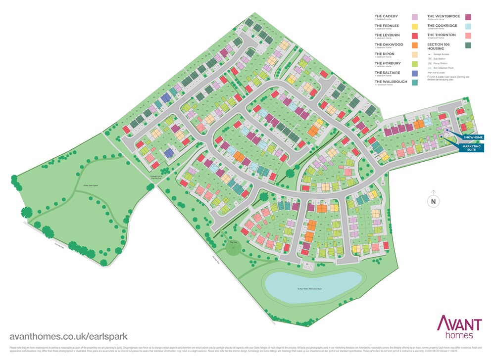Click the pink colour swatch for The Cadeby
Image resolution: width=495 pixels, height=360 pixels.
click(415, 17)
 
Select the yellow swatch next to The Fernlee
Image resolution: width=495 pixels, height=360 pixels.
click(415, 26)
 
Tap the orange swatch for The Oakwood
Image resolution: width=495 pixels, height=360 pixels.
click(415, 45)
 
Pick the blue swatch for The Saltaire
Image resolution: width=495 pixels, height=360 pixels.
click(415, 73)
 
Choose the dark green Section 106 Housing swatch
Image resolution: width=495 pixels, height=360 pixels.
click(468, 45)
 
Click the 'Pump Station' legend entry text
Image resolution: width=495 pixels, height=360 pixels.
click(442, 63)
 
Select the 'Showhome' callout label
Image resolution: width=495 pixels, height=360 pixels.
click(474, 137)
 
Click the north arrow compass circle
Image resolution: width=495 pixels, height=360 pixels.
click(433, 201)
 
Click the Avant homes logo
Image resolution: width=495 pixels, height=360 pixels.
click(458, 328)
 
